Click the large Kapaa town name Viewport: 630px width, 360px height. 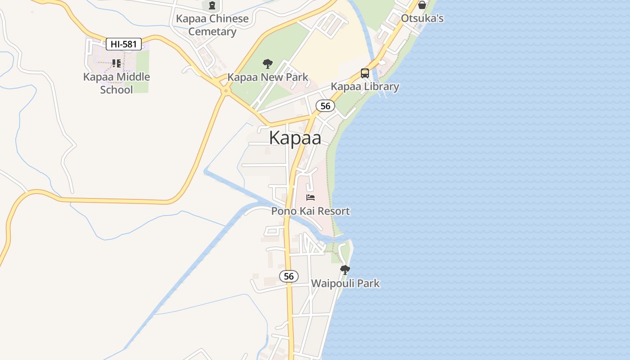click(x=295, y=138)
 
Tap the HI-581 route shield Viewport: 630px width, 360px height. click(x=124, y=44)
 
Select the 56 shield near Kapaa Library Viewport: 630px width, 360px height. click(x=325, y=106)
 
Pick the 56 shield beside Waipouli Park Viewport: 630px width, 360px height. click(x=289, y=276)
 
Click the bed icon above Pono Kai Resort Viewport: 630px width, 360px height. click(x=310, y=197)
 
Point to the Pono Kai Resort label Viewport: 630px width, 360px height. click(x=310, y=211)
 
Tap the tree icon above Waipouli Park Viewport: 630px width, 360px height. click(x=345, y=270)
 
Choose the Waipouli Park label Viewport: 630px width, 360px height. click(x=345, y=283)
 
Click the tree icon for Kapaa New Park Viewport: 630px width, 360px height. click(x=268, y=63)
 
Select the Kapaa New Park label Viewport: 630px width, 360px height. click(x=268, y=77)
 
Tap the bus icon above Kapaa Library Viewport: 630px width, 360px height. click(x=365, y=73)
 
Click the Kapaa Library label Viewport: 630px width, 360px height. click(x=365, y=86)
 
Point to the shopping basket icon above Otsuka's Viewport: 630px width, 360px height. click(x=422, y=5)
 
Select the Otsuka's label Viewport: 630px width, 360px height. click(x=422, y=18)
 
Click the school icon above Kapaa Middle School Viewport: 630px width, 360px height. click(x=117, y=63)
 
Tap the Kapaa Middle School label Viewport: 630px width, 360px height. click(x=117, y=83)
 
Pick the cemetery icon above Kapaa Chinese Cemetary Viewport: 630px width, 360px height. click(x=212, y=5)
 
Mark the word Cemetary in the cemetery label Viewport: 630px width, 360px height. click(x=212, y=31)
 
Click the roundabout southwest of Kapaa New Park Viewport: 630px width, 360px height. click(x=225, y=90)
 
